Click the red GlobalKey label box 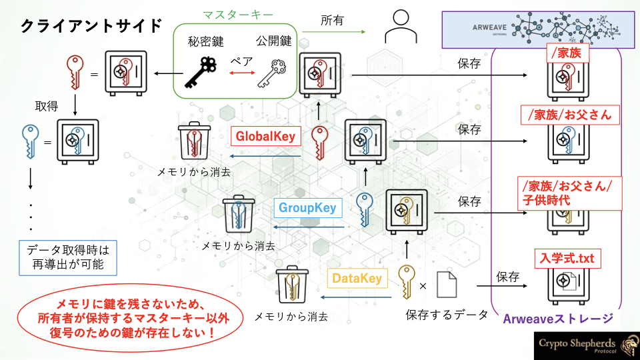266,136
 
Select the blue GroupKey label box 308,208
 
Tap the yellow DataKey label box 357,279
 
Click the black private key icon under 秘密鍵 200,73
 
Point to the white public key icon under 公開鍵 271,73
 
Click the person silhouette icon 401,27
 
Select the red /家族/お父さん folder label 570,115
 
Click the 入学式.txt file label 568,259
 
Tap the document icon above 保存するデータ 447,285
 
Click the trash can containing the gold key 292,285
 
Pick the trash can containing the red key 194,141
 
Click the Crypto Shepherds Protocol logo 587,346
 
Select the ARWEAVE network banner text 489,28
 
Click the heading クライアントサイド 91,26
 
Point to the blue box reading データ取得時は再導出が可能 68,258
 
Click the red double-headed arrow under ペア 242,73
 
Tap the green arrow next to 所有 334,31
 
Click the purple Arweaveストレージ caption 558,319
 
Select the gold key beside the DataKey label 407,281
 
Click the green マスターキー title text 238,15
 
